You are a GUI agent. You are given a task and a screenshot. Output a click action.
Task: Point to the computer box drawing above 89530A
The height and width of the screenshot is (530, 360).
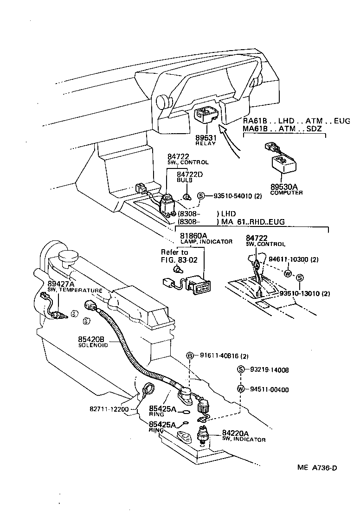283,164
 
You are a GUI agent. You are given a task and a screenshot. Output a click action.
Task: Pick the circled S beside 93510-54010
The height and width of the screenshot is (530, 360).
201,196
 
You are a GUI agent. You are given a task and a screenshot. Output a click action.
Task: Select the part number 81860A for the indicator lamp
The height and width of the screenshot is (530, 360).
193,236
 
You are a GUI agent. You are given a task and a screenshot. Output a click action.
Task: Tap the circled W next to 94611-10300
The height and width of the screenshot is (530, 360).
288,273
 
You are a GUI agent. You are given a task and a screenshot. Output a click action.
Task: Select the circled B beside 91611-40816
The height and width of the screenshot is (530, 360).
190,356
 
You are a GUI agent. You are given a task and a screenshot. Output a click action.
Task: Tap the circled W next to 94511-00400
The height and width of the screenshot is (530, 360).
240,389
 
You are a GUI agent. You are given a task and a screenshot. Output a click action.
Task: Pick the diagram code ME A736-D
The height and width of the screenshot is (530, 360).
317,467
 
